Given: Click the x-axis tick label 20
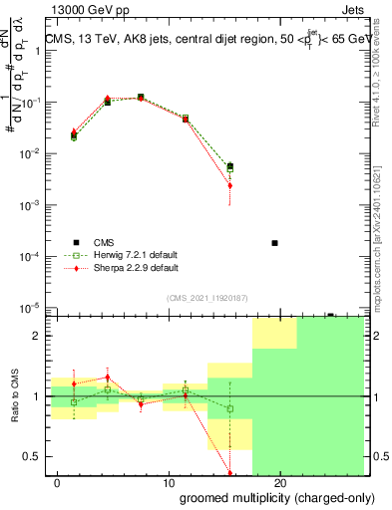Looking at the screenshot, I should click(x=281, y=482).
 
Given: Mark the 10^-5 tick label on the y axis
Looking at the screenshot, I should click(x=31, y=308).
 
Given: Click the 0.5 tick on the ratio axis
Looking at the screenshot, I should click(x=33, y=456).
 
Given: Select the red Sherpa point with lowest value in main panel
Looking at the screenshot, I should click(x=230, y=185).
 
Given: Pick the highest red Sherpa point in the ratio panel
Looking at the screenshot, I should click(x=108, y=378).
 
